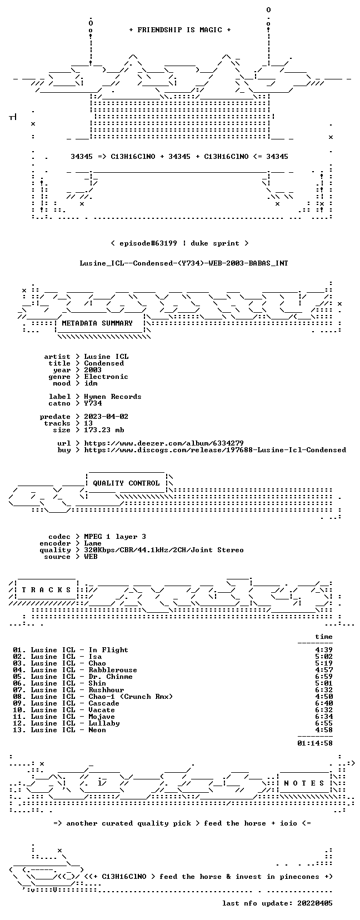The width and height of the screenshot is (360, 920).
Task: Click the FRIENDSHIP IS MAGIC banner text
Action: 180,30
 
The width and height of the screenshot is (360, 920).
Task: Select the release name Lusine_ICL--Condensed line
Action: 184,263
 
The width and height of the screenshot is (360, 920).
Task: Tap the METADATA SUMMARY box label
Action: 97,323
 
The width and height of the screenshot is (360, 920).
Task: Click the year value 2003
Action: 93,369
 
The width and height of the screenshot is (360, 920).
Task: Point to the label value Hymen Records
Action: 113,397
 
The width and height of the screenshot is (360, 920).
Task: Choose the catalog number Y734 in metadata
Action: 93,403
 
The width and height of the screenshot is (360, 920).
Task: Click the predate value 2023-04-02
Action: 106,417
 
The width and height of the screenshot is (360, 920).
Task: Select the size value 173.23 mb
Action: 104,430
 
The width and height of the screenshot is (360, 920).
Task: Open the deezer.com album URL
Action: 164,443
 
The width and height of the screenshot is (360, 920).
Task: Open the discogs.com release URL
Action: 215,450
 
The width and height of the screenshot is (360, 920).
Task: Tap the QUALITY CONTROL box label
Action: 126,483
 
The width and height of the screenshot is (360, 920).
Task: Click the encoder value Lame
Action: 93,543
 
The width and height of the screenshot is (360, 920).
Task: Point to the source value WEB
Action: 91,557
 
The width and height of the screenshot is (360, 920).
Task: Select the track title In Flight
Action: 108,650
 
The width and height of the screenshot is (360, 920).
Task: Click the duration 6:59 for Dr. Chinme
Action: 324,677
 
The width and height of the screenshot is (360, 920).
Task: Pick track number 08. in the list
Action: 19,697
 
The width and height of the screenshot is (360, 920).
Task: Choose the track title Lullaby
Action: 104,723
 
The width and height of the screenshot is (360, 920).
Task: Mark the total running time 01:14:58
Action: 315,743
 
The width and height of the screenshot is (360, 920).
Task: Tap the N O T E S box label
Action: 304,783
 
